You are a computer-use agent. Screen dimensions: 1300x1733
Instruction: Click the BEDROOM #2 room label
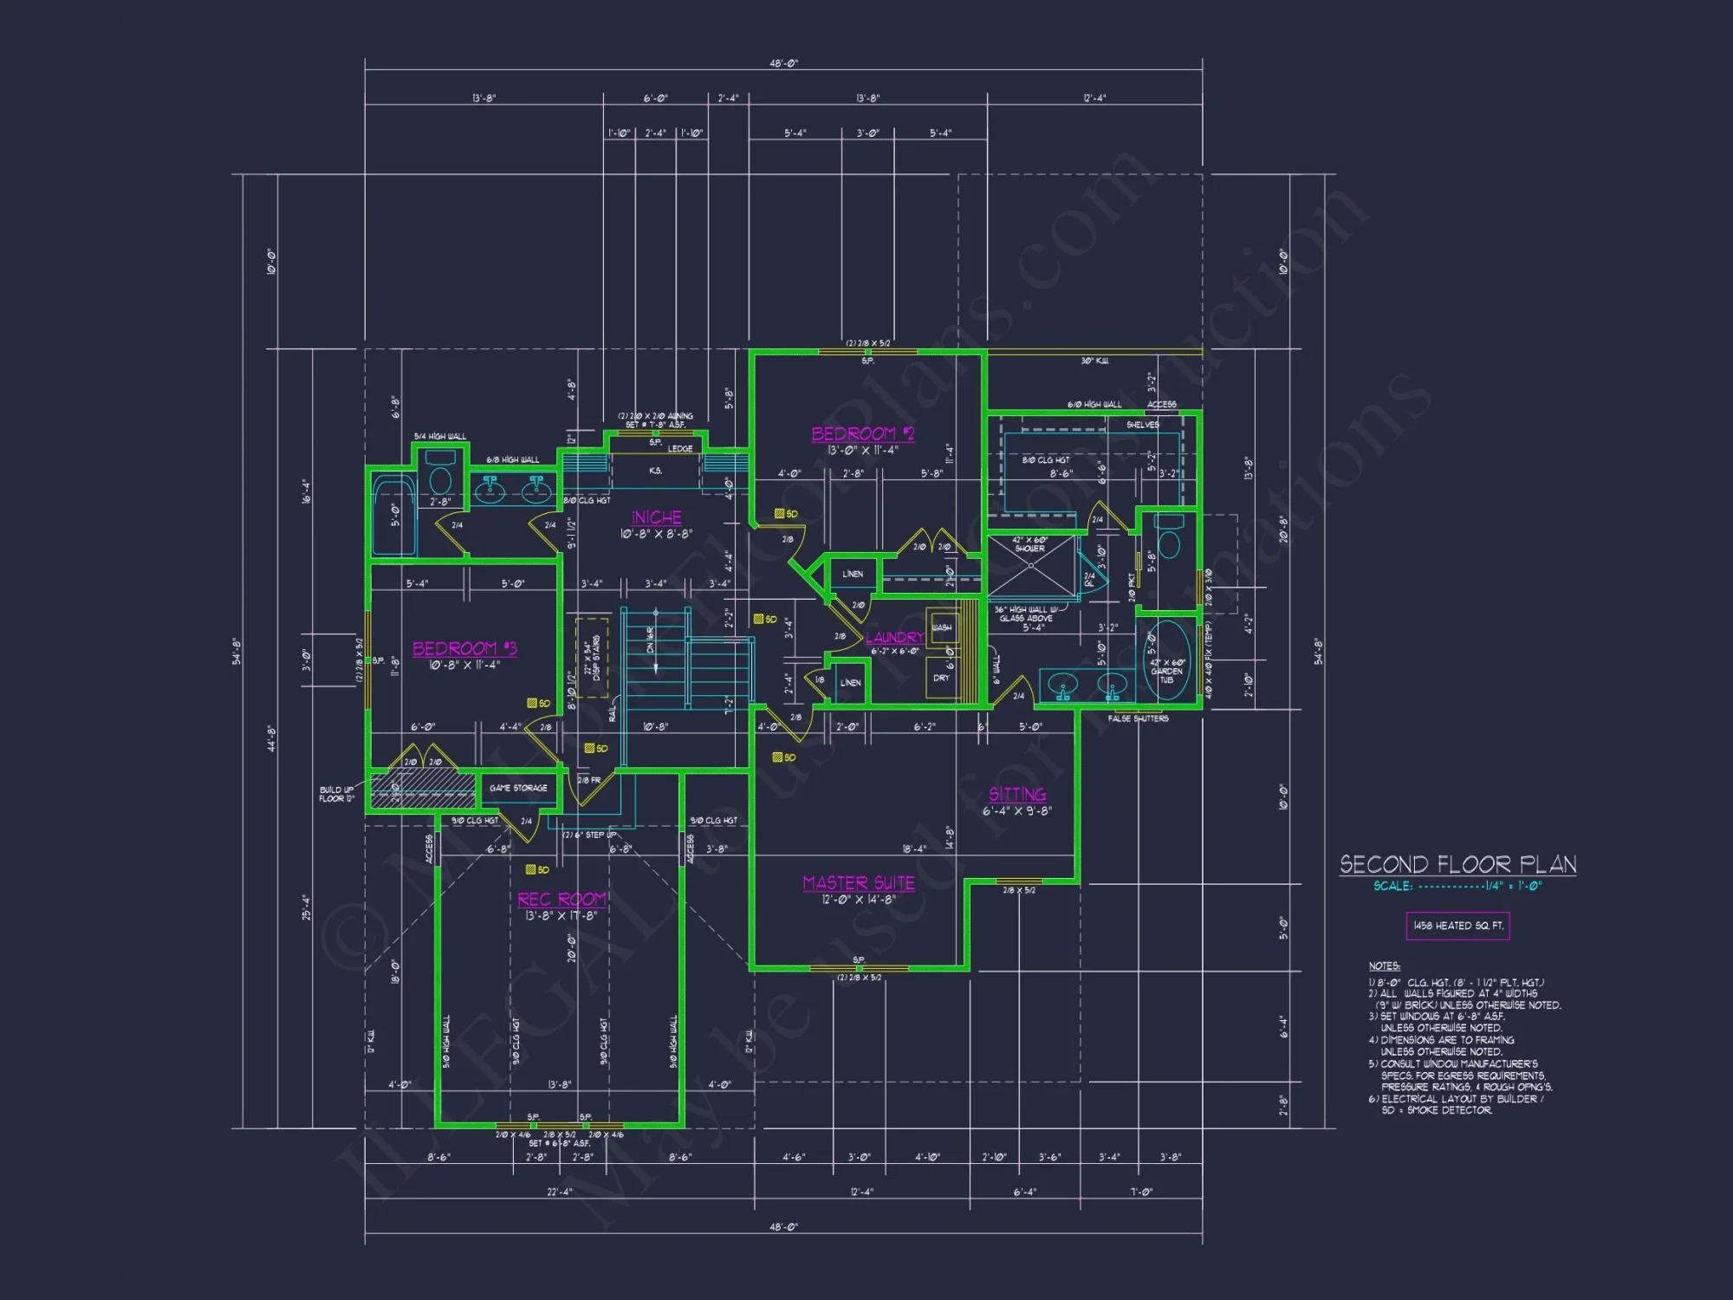point(862,433)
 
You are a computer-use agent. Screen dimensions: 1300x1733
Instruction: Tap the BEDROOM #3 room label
point(464,648)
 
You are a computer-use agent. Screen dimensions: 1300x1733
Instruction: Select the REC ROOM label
point(561,900)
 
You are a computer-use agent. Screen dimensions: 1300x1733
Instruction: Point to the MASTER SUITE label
point(859,883)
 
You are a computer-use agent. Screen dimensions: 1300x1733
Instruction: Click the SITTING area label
point(1017,794)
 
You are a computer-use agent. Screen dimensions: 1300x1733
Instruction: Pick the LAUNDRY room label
point(894,638)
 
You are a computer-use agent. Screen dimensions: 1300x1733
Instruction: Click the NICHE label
point(656,517)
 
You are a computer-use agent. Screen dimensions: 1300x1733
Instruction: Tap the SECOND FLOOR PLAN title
point(1457,864)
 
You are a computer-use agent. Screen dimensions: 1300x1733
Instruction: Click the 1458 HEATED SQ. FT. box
point(1457,926)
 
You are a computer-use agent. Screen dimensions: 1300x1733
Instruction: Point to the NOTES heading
point(1384,965)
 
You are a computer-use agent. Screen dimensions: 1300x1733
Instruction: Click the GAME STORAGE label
point(518,788)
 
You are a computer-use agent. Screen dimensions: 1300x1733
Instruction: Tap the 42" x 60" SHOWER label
point(1029,544)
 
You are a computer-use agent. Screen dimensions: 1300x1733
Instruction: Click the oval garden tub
point(1167,660)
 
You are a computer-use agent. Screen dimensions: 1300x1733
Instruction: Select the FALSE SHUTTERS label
point(1138,718)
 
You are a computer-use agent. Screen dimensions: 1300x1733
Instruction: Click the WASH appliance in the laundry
point(942,627)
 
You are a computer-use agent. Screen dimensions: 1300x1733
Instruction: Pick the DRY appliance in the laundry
point(941,678)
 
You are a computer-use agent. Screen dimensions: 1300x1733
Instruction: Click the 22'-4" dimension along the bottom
point(560,1192)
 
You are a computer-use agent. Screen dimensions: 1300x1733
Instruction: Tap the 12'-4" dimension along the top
point(1094,98)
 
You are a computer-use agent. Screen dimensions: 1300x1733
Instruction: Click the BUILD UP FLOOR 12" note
point(336,794)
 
